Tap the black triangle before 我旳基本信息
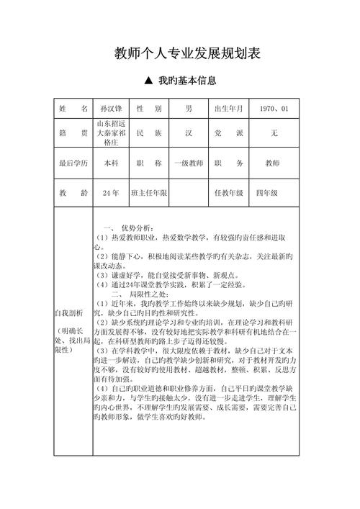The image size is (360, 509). [148, 82]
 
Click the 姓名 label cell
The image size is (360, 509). [73, 109]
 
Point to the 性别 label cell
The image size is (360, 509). [149, 109]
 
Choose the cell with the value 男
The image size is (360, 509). [189, 109]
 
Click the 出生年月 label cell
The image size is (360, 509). [230, 109]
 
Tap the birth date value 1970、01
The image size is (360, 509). [274, 109]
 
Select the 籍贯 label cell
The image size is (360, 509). [73, 133]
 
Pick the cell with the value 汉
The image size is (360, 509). [189, 134]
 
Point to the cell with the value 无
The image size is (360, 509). [274, 134]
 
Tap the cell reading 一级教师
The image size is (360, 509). [189, 163]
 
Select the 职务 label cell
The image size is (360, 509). [230, 163]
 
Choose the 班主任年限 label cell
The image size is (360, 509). [149, 193]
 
